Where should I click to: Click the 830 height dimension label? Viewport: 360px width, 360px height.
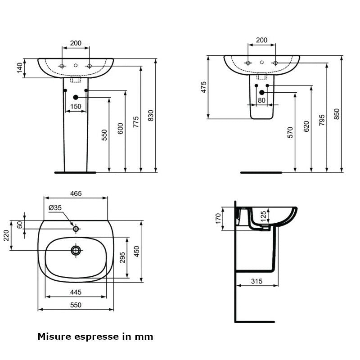151,116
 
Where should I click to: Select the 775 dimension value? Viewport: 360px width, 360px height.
136,122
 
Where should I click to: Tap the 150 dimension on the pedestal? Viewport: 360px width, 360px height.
76,107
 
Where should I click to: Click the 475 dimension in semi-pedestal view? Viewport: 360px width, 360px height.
203,87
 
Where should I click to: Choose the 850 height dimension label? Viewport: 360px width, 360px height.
336,114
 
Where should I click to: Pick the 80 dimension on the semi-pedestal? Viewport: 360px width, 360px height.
261,101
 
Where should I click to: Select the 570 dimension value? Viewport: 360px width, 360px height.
290,132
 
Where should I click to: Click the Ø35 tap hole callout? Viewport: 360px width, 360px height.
56,208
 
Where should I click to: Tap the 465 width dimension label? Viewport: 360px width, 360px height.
76,193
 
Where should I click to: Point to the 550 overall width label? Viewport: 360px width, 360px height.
76,305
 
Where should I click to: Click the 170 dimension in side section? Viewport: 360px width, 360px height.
218,218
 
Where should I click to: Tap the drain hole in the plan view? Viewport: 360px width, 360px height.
76,250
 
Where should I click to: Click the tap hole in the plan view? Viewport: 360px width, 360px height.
76,229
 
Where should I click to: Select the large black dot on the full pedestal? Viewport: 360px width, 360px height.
76,97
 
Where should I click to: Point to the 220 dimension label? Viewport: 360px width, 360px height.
6,235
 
